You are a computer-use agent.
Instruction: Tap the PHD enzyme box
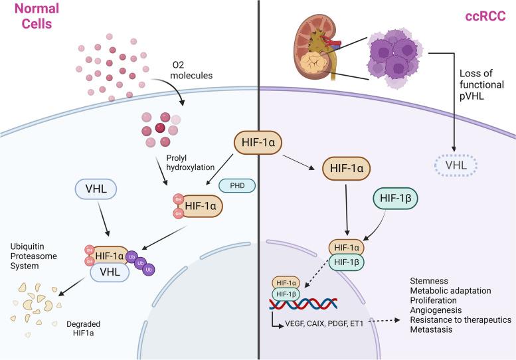[236, 187]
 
